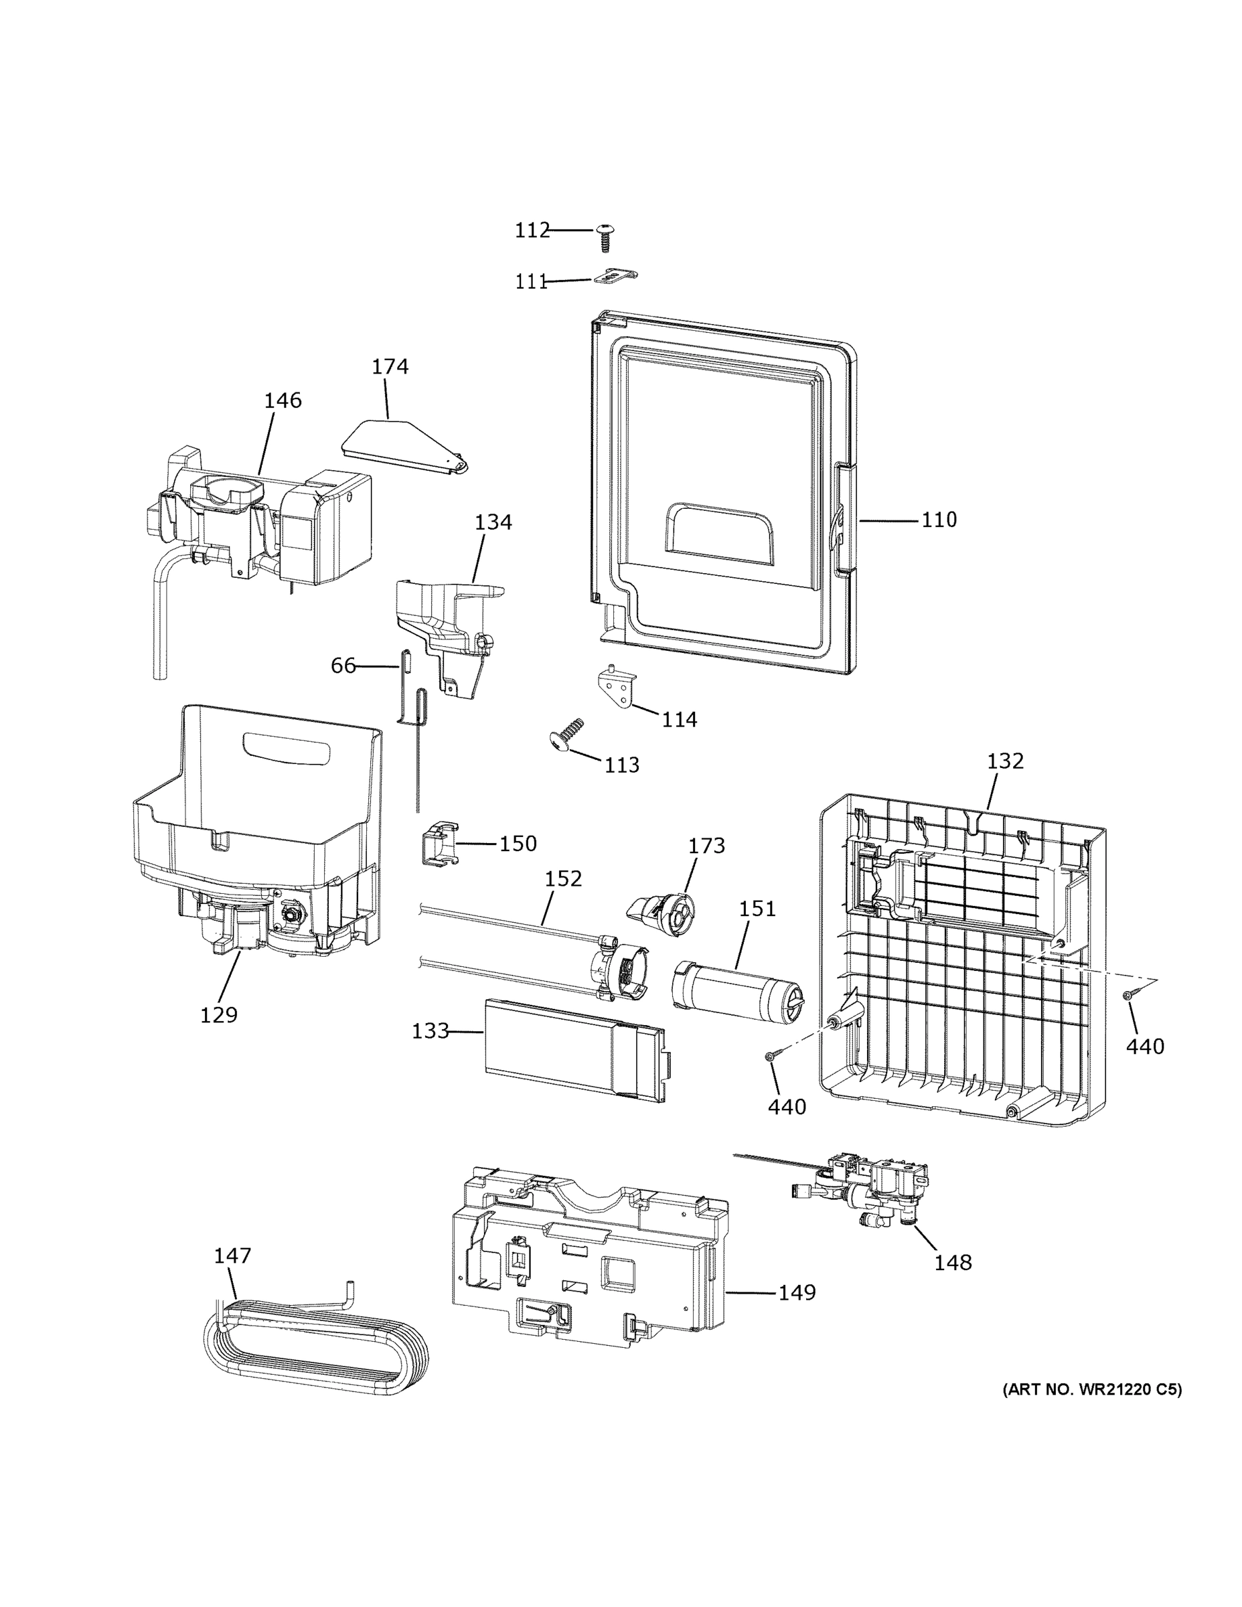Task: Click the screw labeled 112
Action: click(x=605, y=237)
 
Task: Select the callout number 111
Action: click(x=531, y=282)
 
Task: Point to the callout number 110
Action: click(x=939, y=520)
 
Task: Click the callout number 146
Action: click(x=283, y=400)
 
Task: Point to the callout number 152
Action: click(x=564, y=879)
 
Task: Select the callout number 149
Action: click(x=797, y=1292)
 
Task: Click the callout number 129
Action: click(x=219, y=1015)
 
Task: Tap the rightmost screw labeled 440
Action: click(x=1128, y=996)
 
